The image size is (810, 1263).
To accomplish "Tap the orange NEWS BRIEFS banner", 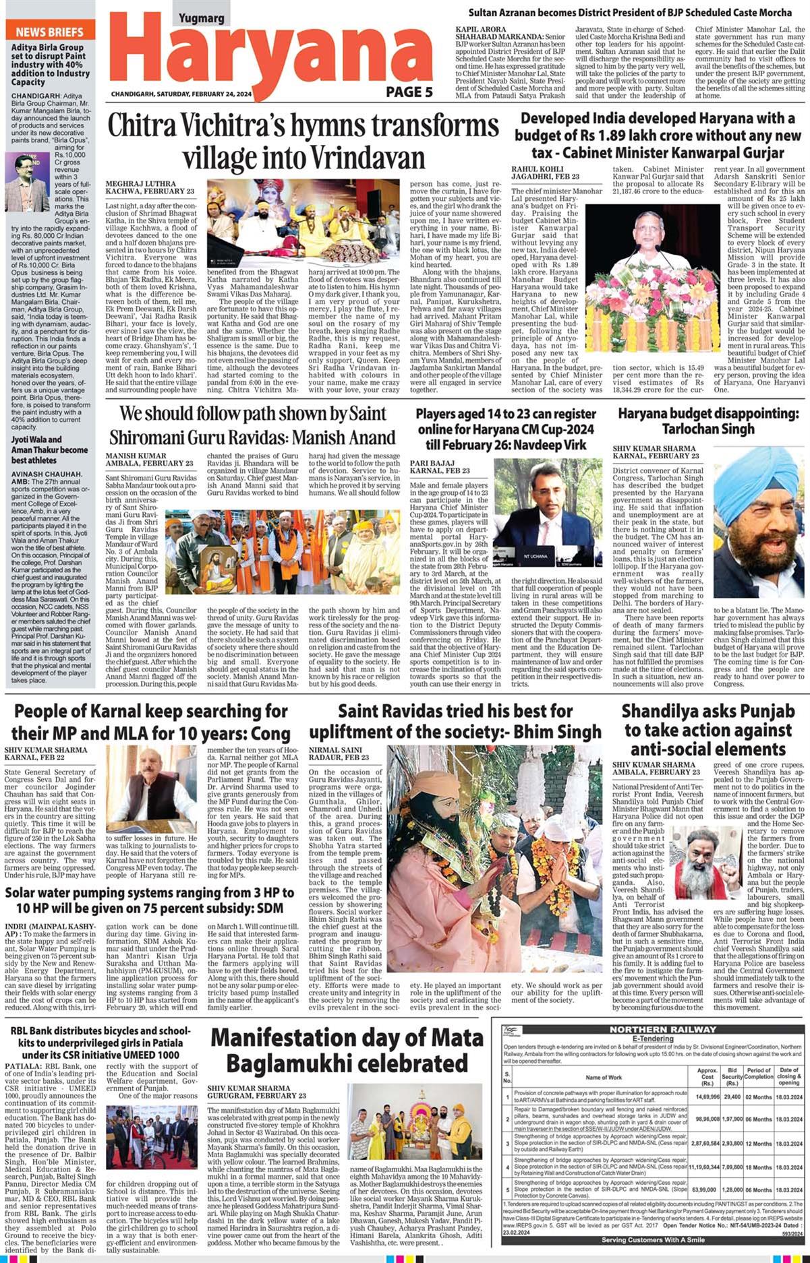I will click(50, 32).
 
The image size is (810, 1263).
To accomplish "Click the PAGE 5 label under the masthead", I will click(409, 92).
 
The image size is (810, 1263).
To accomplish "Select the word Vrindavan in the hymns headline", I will click(361, 158).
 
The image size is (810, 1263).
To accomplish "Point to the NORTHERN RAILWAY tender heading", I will click(662, 1029).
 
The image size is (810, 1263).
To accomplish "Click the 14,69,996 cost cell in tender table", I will click(707, 1097).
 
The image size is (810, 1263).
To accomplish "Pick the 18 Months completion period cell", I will click(758, 1167).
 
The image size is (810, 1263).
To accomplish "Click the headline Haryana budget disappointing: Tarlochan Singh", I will click(708, 421).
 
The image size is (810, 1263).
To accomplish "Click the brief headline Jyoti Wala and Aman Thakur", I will click(49, 450).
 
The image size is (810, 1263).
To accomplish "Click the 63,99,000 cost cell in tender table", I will click(703, 1190).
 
